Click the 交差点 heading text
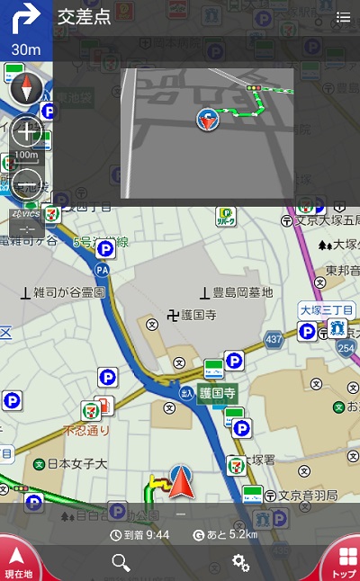tap(84, 17)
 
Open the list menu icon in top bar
tap(343, 17)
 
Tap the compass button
tap(26, 89)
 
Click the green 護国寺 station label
tap(217, 393)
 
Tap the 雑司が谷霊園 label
tap(68, 292)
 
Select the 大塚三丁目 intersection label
tap(326, 310)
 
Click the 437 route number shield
tap(274, 339)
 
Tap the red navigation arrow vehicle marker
tap(182, 483)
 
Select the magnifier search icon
tap(121, 562)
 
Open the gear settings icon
tap(240, 562)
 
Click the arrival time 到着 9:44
tap(139, 534)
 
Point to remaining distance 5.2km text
tap(224, 534)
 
